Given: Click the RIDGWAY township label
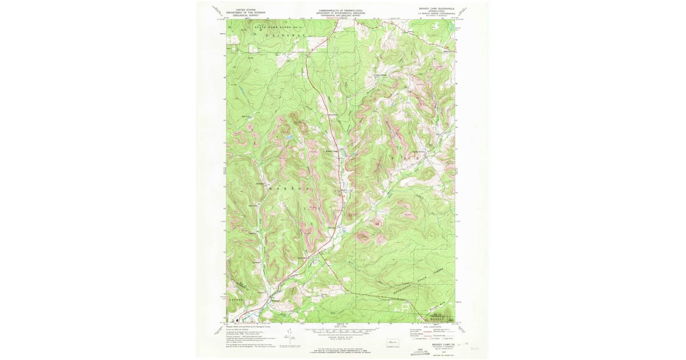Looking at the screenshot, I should click(285, 35).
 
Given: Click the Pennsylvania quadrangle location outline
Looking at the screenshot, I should click(393, 339).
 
